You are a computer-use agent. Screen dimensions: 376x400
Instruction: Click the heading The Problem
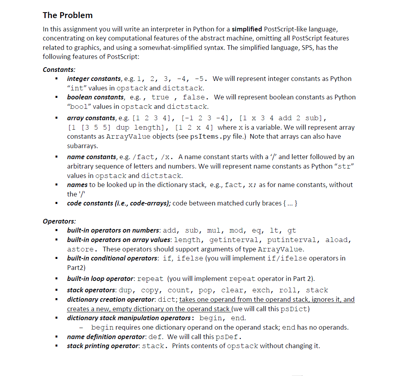tap(68, 15)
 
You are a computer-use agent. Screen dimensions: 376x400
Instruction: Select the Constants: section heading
tap(59, 70)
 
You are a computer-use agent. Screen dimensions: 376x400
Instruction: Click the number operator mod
tap(240, 231)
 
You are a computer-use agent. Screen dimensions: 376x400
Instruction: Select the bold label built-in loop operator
tap(100, 279)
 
